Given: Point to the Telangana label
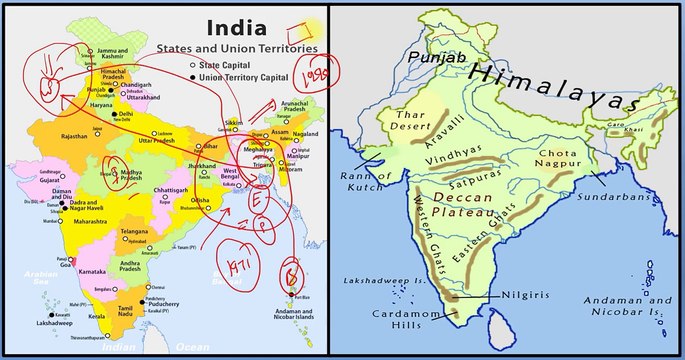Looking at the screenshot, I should point(134,231).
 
